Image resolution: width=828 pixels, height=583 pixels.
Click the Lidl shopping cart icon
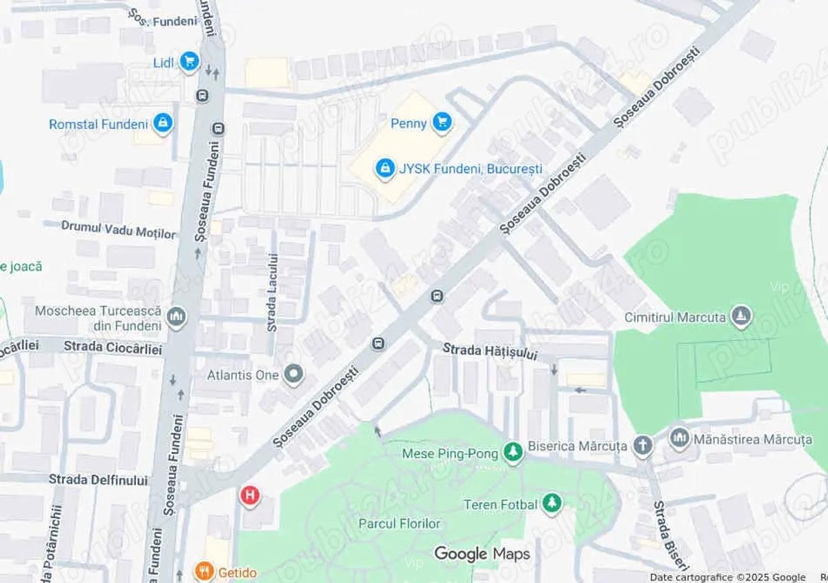pos(188,62)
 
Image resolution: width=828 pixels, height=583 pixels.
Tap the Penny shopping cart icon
pos(442,123)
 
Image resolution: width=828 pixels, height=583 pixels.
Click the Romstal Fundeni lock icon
pos(163,123)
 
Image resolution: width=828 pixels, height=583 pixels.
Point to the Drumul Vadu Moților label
pos(118,230)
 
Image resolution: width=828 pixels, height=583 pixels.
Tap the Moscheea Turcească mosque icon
pos(177,318)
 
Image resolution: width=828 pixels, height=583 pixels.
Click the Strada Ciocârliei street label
pos(112,348)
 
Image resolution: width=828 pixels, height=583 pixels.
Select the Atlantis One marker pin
pos(294,375)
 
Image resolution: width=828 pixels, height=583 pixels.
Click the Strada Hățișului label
pos(489,351)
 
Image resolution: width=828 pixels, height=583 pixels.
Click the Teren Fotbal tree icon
pos(551,504)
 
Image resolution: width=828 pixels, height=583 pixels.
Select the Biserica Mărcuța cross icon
pos(642,446)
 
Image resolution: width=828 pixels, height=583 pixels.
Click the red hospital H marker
pos(250,495)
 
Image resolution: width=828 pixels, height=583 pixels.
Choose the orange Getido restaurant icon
pos(203,571)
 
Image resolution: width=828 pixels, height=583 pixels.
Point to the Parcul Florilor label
pos(399,524)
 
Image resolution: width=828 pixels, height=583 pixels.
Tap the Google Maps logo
pos(482,553)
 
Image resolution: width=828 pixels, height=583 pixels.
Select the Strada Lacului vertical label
pos(272,293)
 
